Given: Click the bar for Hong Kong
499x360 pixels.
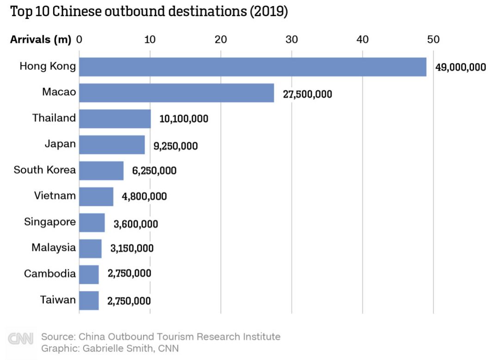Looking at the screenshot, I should point(252,67).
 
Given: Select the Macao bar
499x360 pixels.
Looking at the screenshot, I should point(176,93).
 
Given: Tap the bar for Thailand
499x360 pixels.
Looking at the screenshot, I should point(115,119).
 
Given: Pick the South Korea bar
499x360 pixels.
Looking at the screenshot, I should point(101,171).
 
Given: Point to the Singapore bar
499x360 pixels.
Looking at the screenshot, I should point(92,222).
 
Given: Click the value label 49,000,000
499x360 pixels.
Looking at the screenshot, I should point(460,67).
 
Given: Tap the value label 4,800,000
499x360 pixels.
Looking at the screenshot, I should point(144,196).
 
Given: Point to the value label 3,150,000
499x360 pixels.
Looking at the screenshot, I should point(132,248).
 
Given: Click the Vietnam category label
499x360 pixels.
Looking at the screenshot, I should point(55,195).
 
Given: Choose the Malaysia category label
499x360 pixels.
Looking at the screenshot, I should point(53,247).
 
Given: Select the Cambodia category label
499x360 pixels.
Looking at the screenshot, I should point(49,274).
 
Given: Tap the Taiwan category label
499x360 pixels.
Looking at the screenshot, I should point(58,299).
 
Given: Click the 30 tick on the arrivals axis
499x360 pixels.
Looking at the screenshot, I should point(291,40).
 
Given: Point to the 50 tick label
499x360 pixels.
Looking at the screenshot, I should point(433,40).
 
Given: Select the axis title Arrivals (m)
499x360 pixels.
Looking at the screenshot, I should point(41,40).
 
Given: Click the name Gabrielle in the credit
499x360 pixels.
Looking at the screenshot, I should point(96,348).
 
